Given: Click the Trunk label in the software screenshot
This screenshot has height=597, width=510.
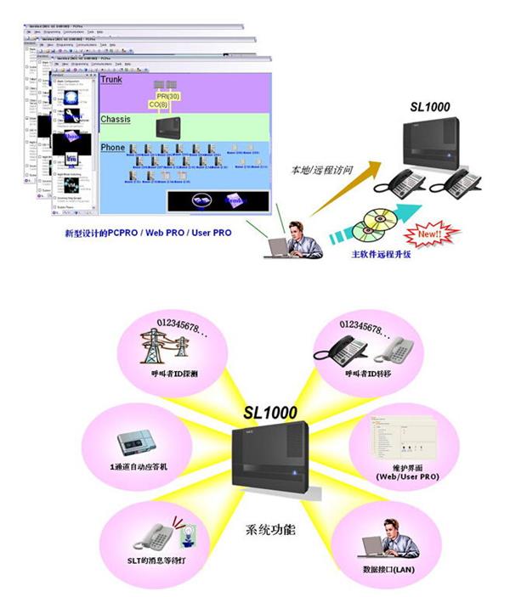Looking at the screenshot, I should pyautogui.click(x=111, y=80).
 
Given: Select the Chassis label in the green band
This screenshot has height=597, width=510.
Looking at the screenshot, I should pyautogui.click(x=116, y=120).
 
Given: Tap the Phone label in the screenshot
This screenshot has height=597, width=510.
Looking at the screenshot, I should pyautogui.click(x=112, y=147).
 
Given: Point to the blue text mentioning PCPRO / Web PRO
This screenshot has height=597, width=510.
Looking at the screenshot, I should pyautogui.click(x=148, y=232).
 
